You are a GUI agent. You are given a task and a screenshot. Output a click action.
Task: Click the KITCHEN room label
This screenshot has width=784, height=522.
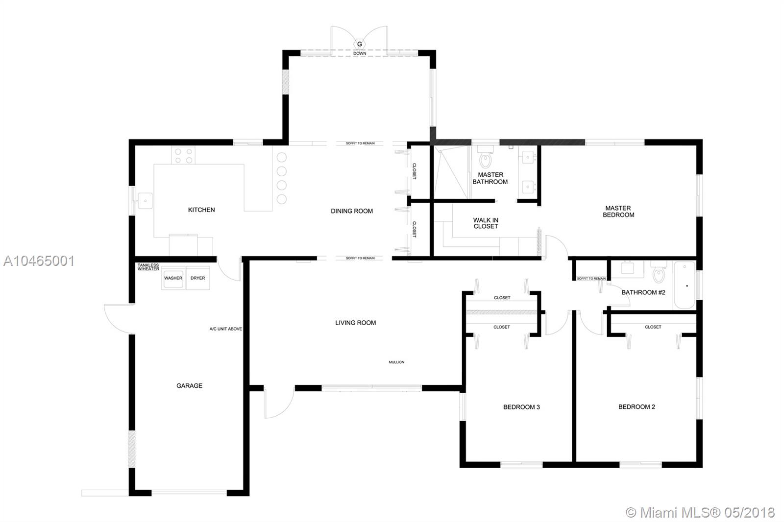pyautogui.click(x=201, y=210)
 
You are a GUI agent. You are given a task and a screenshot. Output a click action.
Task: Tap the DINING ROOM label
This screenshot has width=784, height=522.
pyautogui.click(x=352, y=211)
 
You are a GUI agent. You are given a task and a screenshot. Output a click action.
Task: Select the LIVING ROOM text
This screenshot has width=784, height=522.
pyautogui.click(x=356, y=323)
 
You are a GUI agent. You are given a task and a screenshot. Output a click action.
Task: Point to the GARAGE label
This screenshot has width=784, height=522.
pyautogui.click(x=189, y=385)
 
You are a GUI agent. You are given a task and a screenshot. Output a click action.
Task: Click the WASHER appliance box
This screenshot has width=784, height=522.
pyautogui.click(x=173, y=278)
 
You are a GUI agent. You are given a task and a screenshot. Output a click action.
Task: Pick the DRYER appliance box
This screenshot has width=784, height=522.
pyautogui.click(x=198, y=278)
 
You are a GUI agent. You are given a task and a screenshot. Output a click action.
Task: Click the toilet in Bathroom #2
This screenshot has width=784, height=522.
pyautogui.click(x=659, y=273)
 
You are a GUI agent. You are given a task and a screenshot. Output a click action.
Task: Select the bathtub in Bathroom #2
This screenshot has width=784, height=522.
pyautogui.click(x=685, y=285)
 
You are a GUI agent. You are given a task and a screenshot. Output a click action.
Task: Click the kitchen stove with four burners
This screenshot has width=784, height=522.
pyautogui.click(x=183, y=155)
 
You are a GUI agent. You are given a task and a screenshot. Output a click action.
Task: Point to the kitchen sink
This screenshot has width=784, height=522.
pyautogui.click(x=145, y=201)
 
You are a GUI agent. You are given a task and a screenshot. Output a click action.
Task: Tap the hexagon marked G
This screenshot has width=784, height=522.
pyautogui.click(x=360, y=44)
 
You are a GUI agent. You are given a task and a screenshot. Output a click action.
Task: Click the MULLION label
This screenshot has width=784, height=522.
pyautogui.click(x=396, y=362)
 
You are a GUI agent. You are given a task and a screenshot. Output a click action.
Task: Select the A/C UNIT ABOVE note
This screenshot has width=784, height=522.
pyautogui.click(x=226, y=329)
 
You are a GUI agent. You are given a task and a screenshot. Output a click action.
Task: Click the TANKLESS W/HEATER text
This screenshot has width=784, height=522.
pyautogui.click(x=148, y=267)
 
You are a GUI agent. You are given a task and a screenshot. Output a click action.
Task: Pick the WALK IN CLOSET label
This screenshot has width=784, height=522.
pyautogui.click(x=486, y=223)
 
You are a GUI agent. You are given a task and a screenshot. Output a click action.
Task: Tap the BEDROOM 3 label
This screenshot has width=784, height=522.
pyautogui.click(x=521, y=407)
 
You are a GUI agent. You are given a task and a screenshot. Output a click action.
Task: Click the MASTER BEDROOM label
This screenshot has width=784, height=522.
pyautogui.click(x=618, y=212)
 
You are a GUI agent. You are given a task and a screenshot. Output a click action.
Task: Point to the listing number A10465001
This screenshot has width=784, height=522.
pyautogui.click(x=39, y=261)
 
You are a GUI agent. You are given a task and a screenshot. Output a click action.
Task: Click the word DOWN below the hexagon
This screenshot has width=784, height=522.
pyautogui.click(x=360, y=53)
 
